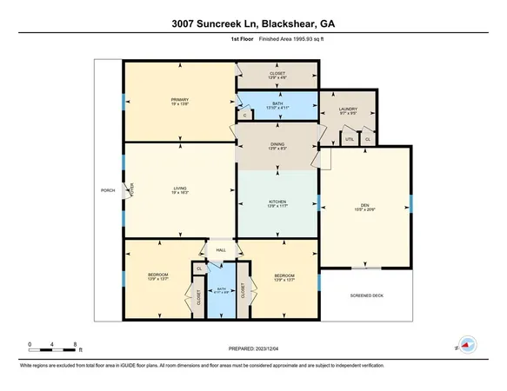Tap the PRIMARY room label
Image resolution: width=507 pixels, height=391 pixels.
pos(179,100)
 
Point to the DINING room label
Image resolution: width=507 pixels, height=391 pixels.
pos(277,144)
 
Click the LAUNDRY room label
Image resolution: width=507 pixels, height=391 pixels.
pos(348,109)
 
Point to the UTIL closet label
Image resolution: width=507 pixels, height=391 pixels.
pos(350,138)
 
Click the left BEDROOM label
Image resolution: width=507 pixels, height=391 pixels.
pos(157,277)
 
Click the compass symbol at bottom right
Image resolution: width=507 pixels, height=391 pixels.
pos(468,344)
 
